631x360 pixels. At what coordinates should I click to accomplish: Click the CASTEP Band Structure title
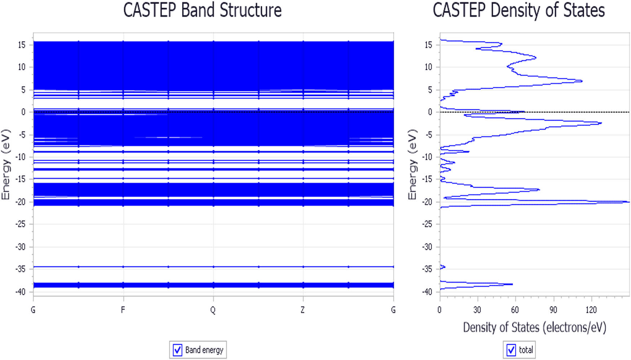pos(202,10)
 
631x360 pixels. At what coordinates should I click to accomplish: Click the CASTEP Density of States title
pos(519,10)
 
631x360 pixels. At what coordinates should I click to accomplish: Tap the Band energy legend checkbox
pos(177,350)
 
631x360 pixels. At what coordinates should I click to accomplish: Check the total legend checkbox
pos(511,350)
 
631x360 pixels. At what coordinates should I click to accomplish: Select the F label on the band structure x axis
pos(123,310)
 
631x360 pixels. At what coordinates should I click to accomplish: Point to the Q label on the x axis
pos(213,310)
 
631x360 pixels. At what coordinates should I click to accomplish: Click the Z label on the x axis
pos(303,310)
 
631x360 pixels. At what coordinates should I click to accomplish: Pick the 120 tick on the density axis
pos(591,310)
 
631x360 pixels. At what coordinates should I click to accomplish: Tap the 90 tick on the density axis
pos(553,310)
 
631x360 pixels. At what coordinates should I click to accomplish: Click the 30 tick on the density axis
pos(477,310)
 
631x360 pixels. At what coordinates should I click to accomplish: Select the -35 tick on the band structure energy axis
pos(21,269)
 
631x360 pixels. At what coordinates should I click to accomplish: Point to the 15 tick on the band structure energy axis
pos(22,45)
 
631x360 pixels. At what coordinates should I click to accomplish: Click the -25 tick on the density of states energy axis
pos(427,224)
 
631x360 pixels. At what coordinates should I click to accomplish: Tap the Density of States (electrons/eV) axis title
pos(534,327)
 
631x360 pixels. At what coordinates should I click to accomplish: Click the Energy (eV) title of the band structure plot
pos(6,165)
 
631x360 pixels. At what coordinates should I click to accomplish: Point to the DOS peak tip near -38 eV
pos(512,284)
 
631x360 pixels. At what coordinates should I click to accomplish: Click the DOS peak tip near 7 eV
pos(582,81)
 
